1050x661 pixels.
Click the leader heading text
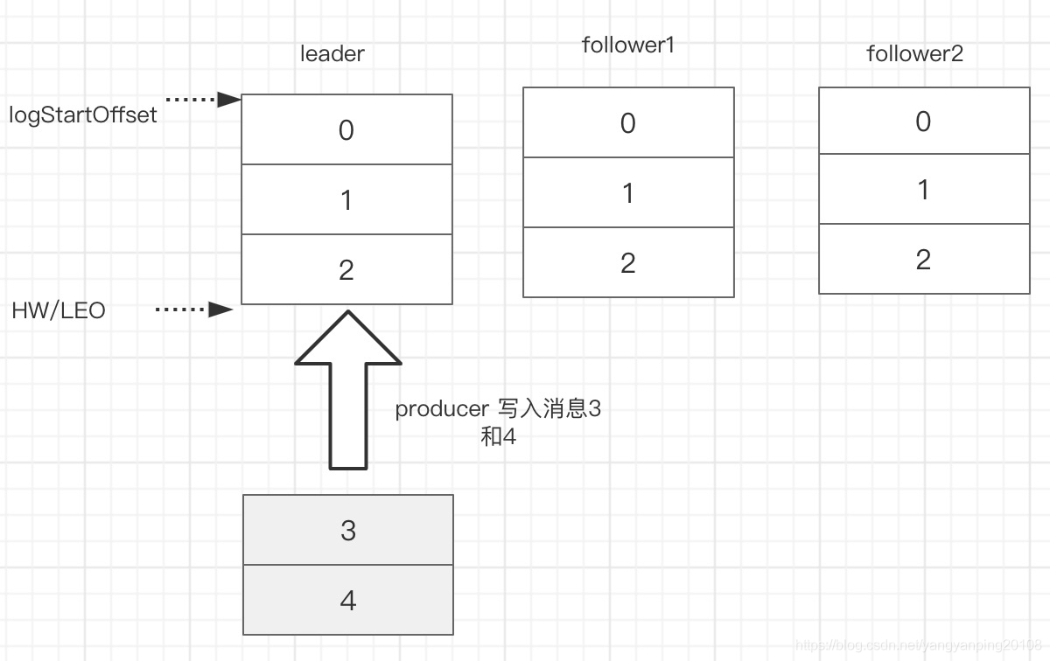coord(332,54)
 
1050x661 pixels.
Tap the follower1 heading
coord(628,45)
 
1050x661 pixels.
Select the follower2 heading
coord(914,54)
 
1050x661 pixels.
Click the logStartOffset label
coord(83,115)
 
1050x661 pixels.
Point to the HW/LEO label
coord(59,310)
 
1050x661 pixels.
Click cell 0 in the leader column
coord(346,129)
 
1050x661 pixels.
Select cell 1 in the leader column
coord(346,199)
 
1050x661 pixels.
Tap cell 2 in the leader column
coord(346,269)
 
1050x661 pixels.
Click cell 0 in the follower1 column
coord(628,122)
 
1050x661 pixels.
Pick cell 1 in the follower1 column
coord(628,192)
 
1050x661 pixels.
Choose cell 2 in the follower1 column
coord(628,262)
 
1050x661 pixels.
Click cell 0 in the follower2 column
coord(923,121)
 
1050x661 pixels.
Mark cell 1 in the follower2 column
coord(923,189)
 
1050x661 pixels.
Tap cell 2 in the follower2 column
coord(923,259)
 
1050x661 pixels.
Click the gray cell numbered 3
coord(348,530)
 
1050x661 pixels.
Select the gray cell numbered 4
coord(348,601)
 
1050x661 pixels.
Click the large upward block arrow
coord(348,393)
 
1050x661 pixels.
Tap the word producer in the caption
coord(441,409)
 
